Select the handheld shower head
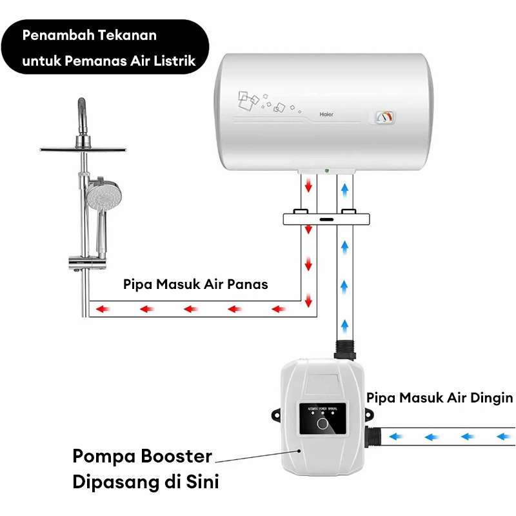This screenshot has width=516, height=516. (100, 197)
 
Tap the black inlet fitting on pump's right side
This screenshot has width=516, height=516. (373, 437)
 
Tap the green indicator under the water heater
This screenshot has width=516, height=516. (326, 171)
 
